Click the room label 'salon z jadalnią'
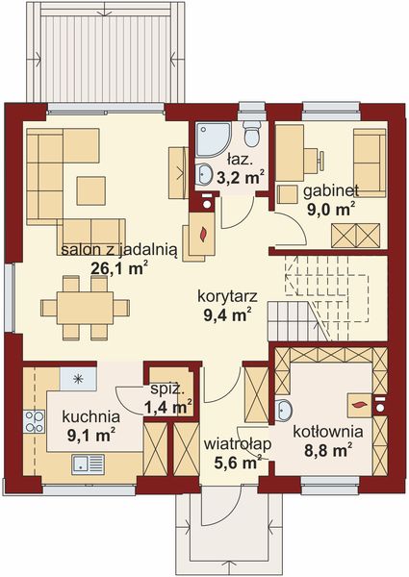tap(117, 249)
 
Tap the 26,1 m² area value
tap(117, 268)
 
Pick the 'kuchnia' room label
tap(90, 417)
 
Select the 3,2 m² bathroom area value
tap(240, 177)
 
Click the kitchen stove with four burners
tap(36, 419)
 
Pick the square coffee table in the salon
tap(91, 186)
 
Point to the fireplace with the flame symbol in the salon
tap(203, 231)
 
